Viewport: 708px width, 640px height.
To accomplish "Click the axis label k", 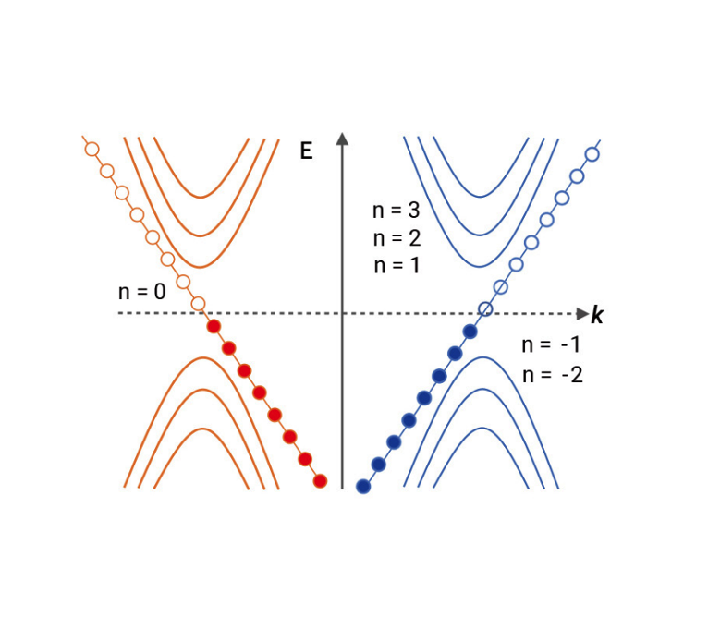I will (597, 317).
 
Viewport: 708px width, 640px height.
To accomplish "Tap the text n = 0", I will (142, 292).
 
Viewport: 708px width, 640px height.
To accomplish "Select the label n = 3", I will (396, 211).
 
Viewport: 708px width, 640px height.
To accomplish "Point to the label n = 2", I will (396, 238).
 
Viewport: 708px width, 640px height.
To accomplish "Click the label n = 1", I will (396, 266).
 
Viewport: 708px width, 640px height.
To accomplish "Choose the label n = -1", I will (552, 345).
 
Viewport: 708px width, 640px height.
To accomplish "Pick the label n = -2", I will (552, 375).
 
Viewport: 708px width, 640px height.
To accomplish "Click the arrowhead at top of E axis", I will (342, 139).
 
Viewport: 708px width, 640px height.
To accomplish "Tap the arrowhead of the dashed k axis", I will (582, 314).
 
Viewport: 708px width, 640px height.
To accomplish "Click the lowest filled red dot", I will (320, 480).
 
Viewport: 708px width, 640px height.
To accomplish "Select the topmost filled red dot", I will (214, 326).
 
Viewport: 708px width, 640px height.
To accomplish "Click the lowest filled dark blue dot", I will (363, 487).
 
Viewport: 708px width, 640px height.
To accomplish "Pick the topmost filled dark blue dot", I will (470, 332).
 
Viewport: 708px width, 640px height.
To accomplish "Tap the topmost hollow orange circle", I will (92, 149).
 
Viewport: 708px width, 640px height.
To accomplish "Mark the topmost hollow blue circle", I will (592, 153).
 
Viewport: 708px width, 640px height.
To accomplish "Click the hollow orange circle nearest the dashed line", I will (198, 304).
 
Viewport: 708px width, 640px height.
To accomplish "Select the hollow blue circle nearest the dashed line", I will (485, 309).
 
